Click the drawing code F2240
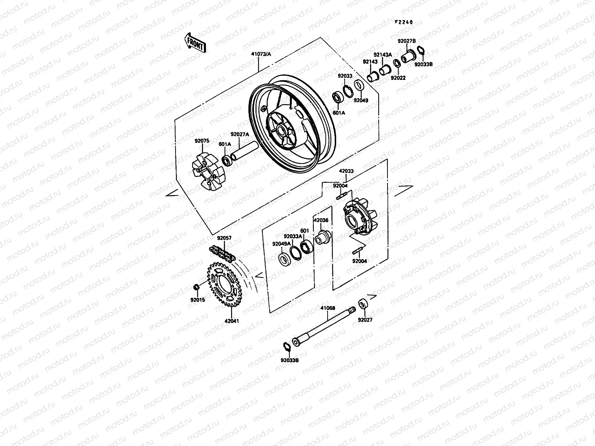pyautogui.click(x=404, y=22)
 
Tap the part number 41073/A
pyautogui.click(x=261, y=54)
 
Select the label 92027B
pyautogui.click(x=406, y=41)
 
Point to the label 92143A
pyautogui.click(x=383, y=55)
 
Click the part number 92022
pyautogui.click(x=398, y=78)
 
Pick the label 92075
pyautogui.click(x=202, y=141)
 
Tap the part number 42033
pyautogui.click(x=346, y=171)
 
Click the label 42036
pyautogui.click(x=321, y=220)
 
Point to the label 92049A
pyautogui.click(x=281, y=244)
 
